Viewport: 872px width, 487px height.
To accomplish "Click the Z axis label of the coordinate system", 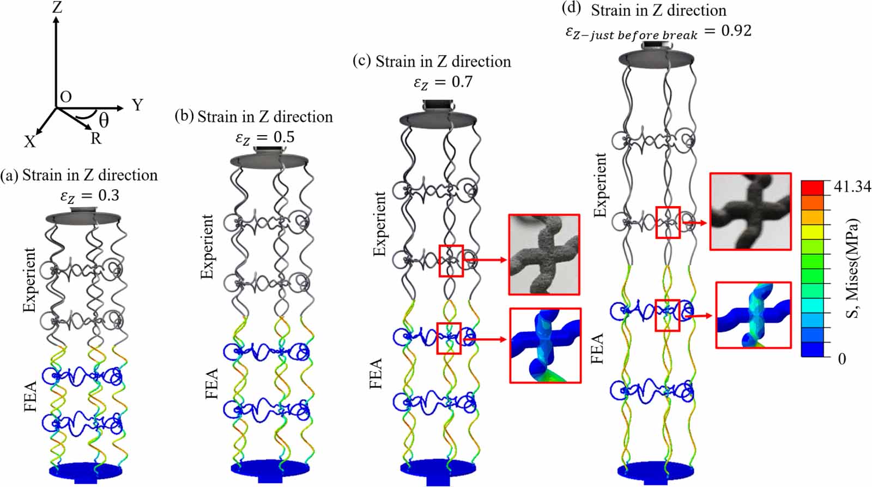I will [x=57, y=7].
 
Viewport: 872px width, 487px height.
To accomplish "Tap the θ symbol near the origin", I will [x=103, y=119].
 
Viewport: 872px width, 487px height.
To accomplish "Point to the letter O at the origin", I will [x=66, y=97].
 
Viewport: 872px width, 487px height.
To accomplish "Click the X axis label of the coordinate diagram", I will [x=29, y=142].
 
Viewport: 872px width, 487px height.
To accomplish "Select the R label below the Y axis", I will [x=96, y=139].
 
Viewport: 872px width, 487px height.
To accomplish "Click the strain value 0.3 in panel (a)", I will [x=108, y=195].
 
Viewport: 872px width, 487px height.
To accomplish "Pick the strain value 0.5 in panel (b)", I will [x=283, y=137].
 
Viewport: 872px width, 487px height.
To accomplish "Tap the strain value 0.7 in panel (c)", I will [x=462, y=82].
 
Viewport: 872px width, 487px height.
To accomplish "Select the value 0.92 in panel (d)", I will [x=736, y=31].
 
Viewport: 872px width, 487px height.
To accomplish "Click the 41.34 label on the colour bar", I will [x=852, y=187].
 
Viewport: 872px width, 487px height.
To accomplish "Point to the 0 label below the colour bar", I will [x=842, y=359].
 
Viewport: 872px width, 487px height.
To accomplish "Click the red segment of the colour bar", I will [x=812, y=187].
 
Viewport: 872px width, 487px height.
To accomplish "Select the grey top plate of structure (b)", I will [x=269, y=160].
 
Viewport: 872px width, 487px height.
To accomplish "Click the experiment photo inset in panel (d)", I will [x=750, y=212].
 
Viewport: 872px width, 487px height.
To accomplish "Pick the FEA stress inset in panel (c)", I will [x=545, y=345].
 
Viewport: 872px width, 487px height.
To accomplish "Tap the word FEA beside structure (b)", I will [x=212, y=383].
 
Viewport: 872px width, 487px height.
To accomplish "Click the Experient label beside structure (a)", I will [x=29, y=280].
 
